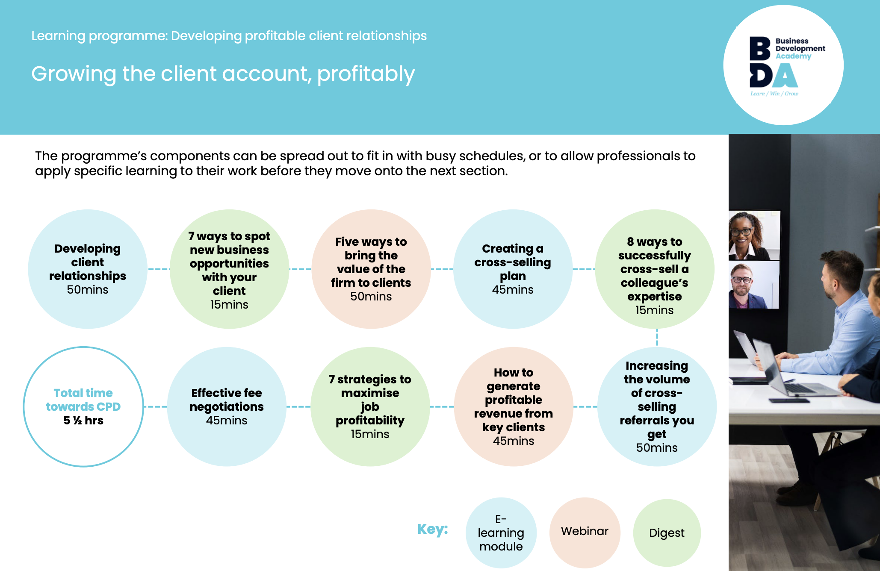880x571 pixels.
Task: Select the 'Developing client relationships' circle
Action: pos(88,269)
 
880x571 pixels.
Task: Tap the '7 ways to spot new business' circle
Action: pos(229,269)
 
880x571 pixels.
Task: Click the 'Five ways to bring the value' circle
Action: pos(371,269)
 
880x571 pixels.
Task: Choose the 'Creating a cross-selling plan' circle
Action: pos(513,269)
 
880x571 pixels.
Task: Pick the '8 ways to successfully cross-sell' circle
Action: pos(654,269)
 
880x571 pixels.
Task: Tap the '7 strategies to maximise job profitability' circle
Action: pos(370,406)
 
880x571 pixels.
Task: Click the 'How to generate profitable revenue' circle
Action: pos(513,406)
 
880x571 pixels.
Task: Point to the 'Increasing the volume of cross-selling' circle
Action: pos(657,406)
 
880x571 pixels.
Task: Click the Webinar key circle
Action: pos(585,532)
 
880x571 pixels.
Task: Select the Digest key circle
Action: pos(667,533)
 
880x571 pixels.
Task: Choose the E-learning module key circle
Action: pos(501,533)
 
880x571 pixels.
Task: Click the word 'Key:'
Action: pos(432,529)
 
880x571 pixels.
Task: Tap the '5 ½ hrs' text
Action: pos(83,421)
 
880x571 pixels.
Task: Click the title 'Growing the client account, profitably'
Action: pos(223,74)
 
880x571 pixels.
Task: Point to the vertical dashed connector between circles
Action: pos(657,338)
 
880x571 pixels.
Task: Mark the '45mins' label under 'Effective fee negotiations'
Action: pos(227,421)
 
